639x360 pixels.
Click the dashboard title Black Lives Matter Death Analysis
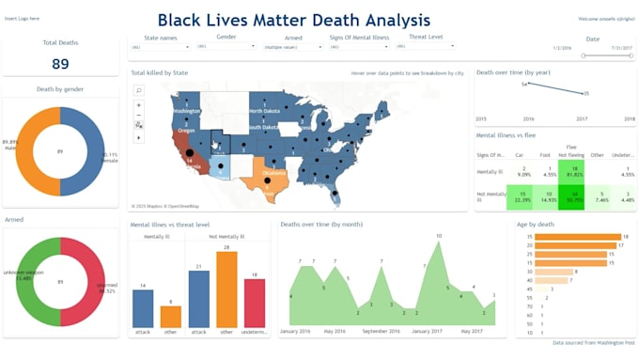point(293,20)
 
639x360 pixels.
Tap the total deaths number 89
point(60,64)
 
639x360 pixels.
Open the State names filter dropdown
point(163,46)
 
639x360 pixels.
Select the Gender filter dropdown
point(226,45)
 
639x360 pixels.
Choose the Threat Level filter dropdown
point(428,45)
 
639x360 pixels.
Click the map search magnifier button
point(139,90)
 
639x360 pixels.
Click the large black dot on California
point(188,152)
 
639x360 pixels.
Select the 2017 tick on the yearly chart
point(582,119)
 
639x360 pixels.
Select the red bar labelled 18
point(255,303)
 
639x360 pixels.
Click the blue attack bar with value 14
point(143,308)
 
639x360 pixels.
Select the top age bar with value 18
point(567,236)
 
